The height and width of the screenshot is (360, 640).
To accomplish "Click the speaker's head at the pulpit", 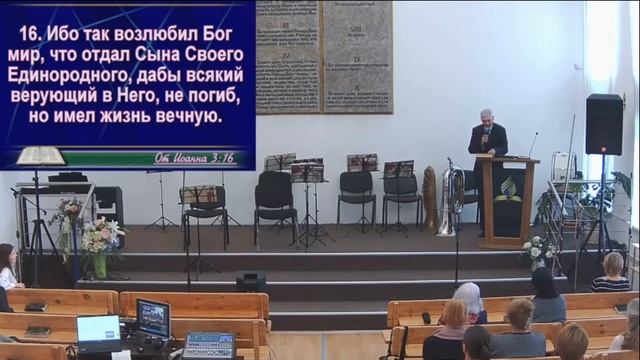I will coord(487,117).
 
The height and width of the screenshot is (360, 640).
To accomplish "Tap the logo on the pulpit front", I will coord(508,190).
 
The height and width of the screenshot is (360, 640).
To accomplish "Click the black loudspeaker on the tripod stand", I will coord(603,124).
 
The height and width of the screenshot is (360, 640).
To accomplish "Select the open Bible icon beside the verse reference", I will coord(40,156).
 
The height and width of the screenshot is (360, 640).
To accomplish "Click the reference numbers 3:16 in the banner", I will coord(221,157).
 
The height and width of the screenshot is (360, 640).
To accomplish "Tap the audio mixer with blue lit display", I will coord(209,345).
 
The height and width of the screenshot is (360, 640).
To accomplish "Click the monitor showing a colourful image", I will coord(153,319).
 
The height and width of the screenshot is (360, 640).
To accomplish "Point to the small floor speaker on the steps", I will coord(251,282).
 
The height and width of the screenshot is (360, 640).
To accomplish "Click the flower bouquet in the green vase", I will coord(100,244).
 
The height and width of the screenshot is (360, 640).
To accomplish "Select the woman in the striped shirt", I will coord(610,274).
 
